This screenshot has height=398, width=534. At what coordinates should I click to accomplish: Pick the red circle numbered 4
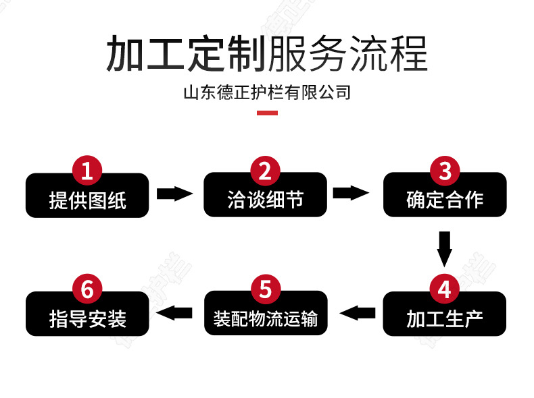(444, 289)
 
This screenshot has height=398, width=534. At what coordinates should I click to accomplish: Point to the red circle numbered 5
(265, 289)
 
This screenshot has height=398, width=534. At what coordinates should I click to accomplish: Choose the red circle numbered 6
(87, 289)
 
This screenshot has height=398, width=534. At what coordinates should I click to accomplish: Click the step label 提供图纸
(87, 200)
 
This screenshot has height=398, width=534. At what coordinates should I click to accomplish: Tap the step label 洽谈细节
(265, 200)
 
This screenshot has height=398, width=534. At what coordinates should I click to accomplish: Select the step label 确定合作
(444, 200)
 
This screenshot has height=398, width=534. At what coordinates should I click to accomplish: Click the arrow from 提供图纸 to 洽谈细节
(174, 194)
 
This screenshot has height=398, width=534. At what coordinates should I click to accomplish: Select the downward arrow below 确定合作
(444, 248)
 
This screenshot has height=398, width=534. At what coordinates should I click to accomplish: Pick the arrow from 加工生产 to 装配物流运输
(358, 312)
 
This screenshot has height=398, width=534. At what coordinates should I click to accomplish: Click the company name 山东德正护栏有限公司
(267, 92)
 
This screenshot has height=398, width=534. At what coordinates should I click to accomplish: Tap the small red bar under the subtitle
(267, 113)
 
